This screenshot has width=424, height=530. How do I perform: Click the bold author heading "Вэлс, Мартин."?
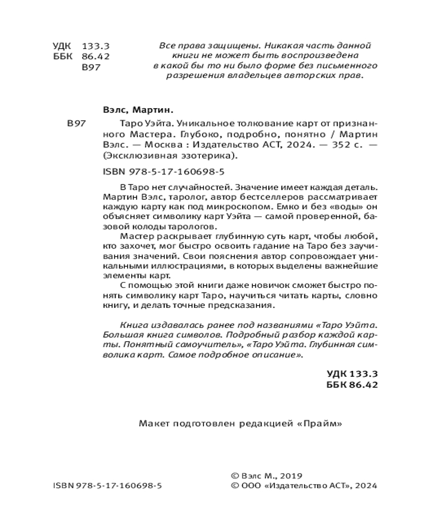[x=136, y=112]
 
